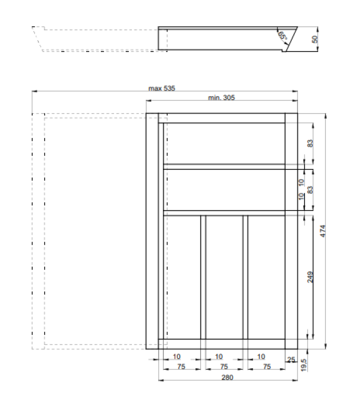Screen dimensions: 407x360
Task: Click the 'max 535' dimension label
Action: point(161,88)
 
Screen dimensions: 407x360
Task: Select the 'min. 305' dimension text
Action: point(221,98)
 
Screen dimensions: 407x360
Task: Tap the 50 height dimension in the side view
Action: point(315,38)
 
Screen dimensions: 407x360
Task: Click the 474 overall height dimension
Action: point(322,230)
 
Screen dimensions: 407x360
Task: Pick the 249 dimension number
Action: point(310,277)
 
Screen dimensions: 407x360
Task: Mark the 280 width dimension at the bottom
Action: point(227,377)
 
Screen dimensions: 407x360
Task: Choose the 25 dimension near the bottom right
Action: point(291,360)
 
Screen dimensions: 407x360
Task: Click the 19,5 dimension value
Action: point(304,365)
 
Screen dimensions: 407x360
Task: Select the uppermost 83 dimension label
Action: point(310,143)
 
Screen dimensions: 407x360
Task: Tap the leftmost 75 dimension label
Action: point(181,367)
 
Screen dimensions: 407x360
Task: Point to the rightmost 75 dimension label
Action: point(266,367)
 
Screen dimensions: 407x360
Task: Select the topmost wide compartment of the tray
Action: point(224,143)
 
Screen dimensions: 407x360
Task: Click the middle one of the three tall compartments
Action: point(224,277)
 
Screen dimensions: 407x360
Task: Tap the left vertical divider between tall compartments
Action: point(203,277)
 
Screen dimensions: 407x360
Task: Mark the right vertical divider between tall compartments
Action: point(245,277)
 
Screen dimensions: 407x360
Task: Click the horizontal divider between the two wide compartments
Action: point(224,166)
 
